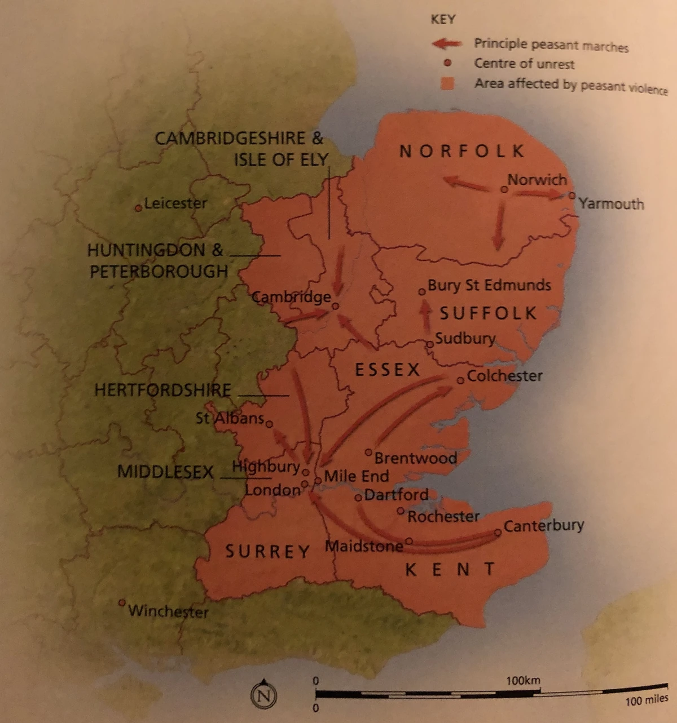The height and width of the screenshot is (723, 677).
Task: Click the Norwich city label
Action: coord(537,180)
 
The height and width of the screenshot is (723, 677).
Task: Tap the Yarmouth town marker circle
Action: coord(572,196)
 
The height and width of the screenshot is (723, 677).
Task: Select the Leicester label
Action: coord(175,203)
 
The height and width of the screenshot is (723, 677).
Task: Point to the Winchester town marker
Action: coord(121,602)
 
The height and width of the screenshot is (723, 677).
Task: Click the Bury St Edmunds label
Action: coord(489,285)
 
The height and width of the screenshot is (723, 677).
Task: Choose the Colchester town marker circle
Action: coord(460,380)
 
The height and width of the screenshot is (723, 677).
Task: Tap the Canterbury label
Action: coord(543,525)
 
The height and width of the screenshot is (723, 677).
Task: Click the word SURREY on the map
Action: coord(267,551)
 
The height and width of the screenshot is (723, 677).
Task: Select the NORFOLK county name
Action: coord(462,151)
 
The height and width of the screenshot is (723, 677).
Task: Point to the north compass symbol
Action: coord(263,695)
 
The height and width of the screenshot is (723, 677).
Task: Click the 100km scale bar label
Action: coord(522,680)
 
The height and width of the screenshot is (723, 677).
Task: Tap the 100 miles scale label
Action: coord(647,700)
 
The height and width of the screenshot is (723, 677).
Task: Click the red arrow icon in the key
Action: coord(446,43)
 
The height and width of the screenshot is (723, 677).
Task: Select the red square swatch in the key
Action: coord(447,83)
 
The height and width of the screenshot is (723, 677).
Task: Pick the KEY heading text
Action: coord(443,19)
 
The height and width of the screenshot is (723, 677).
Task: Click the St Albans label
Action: coord(230,418)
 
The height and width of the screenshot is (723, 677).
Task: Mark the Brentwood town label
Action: coord(415,458)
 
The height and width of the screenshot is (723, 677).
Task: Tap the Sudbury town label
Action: coord(465,338)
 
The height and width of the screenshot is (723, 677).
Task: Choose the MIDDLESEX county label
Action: coord(165,472)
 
